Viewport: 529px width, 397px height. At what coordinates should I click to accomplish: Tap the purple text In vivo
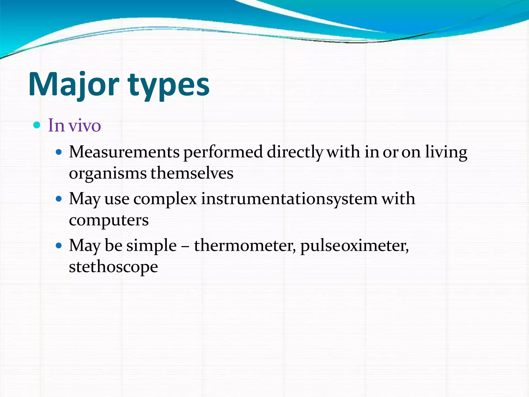(74, 126)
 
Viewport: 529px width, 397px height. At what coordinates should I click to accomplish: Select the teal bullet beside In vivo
(37, 125)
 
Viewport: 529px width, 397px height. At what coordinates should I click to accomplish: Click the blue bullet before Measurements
(59, 152)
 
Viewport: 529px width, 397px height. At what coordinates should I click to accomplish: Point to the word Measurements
(124, 152)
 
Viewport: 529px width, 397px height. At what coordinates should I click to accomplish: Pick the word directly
(295, 152)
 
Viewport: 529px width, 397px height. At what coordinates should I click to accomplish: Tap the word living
(446, 152)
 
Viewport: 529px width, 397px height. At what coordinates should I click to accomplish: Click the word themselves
(192, 173)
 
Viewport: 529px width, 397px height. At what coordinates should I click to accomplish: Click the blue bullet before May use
(59, 199)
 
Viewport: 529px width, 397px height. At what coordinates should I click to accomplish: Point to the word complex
(165, 199)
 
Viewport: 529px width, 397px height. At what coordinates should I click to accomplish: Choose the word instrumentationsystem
(289, 199)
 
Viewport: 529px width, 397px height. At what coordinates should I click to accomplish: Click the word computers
(109, 220)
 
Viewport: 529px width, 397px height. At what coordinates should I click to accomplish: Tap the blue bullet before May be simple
(59, 245)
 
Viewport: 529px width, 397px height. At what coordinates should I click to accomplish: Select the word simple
(152, 246)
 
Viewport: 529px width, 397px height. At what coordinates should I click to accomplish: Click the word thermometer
(245, 246)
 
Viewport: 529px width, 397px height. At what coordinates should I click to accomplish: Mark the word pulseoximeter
(354, 246)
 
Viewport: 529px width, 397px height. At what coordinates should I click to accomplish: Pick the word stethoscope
(113, 267)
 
